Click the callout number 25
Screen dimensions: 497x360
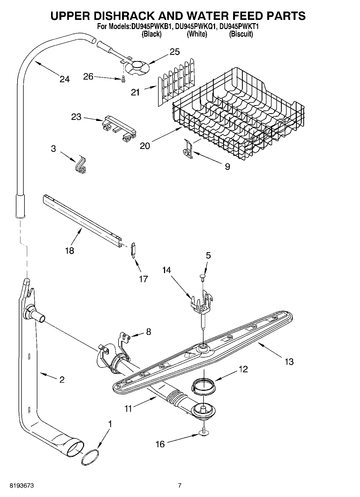175,52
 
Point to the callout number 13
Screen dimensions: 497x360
289,362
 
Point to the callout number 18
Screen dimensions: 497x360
69,251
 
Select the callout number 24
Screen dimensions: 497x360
65,79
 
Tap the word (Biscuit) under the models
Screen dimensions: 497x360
241,34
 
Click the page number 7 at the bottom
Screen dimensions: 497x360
180,485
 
